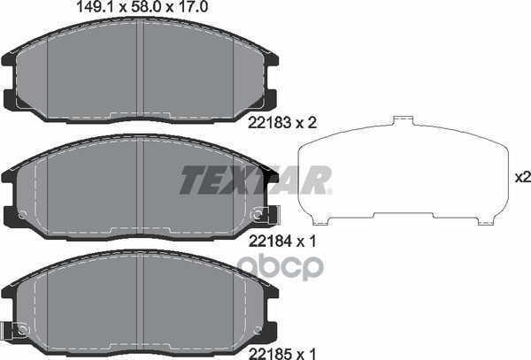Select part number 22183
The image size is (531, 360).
[x=270, y=122]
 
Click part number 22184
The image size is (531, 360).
[x=270, y=241]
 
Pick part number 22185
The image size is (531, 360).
[x=270, y=354]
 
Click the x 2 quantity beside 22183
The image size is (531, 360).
[x=306, y=122]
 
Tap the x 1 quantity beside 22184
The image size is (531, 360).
[x=306, y=241]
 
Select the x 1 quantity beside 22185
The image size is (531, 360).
[x=306, y=354]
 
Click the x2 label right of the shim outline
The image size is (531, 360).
[x=522, y=177]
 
